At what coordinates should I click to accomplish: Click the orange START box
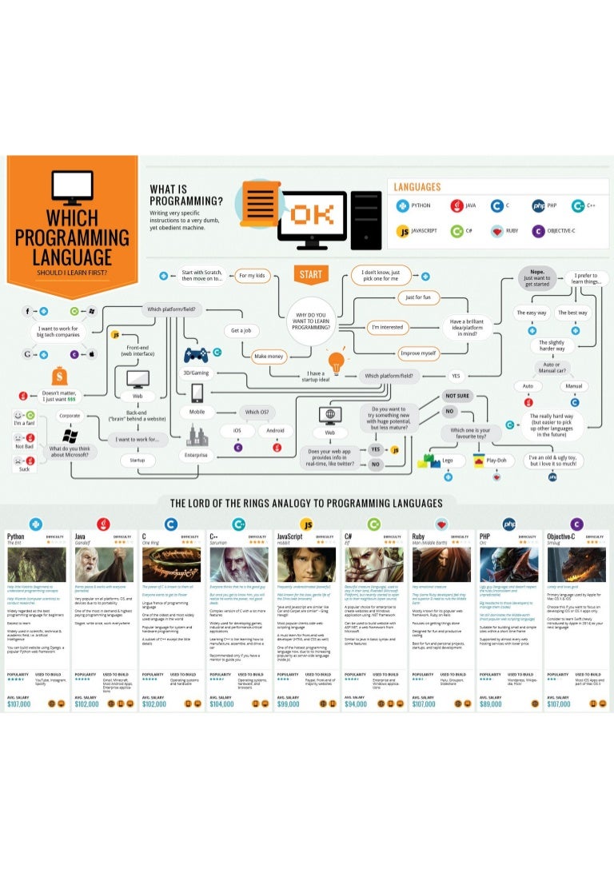[310, 275]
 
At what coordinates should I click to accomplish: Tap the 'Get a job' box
[241, 330]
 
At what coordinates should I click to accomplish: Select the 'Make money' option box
[270, 357]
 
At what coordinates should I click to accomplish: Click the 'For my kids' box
[255, 276]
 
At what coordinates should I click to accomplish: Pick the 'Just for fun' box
[418, 298]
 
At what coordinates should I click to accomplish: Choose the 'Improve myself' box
[418, 353]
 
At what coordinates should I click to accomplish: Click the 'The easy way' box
[531, 313]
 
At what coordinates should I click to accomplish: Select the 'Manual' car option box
[573, 386]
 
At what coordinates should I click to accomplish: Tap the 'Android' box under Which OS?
[275, 431]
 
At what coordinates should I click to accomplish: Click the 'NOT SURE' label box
[457, 396]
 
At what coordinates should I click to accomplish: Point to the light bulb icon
[336, 360]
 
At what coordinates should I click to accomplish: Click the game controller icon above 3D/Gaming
[197, 354]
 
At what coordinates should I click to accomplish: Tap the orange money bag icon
[58, 376]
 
